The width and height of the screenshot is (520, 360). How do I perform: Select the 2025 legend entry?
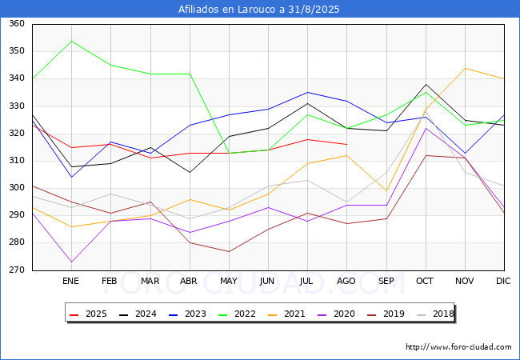pos(88,314)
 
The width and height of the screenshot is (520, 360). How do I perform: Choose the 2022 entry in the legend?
pos(237,314)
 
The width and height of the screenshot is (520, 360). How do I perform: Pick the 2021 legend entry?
pos(286,314)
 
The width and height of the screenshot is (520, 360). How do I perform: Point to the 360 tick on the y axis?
pos(17,23)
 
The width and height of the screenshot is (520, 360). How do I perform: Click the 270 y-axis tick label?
pos(17,270)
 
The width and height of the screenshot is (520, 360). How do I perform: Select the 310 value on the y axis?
pos(17,161)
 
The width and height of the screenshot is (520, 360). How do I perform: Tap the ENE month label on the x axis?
pos(70,281)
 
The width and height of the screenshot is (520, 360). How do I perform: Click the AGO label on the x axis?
pos(346,281)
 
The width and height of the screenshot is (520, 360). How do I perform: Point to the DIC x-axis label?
pos(503,281)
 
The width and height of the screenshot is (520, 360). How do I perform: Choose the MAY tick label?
pos(229,281)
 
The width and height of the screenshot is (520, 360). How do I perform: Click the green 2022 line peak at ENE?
pos(72,41)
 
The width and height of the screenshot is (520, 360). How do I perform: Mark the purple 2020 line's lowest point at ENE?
pos(72,262)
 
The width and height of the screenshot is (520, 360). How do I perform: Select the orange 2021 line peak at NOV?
pos(466,68)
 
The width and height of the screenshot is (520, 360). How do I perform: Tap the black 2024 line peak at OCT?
pos(426,84)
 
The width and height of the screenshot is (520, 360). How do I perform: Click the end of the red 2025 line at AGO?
pos(347,145)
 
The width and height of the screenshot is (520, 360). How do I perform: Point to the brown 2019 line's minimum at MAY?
pos(229,252)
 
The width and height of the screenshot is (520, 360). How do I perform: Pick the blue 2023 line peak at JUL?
pos(308,92)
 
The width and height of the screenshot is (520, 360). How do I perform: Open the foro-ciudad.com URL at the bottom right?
pos(458,347)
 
